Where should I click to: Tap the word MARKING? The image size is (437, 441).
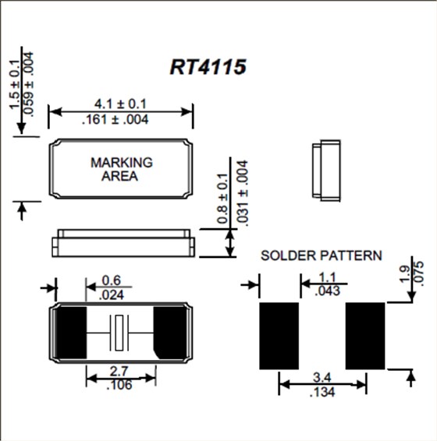[121, 163]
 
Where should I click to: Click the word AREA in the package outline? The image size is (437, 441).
[120, 176]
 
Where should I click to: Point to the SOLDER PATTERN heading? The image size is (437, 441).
[322, 255]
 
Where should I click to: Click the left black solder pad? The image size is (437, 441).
[279, 336]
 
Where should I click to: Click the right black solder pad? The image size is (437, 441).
[366, 336]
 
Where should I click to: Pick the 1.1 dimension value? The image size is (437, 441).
[328, 277]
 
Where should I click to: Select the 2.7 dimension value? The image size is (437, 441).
[119, 370]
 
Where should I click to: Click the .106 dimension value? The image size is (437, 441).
[119, 385]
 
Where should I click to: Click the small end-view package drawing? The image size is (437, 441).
[325, 171]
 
